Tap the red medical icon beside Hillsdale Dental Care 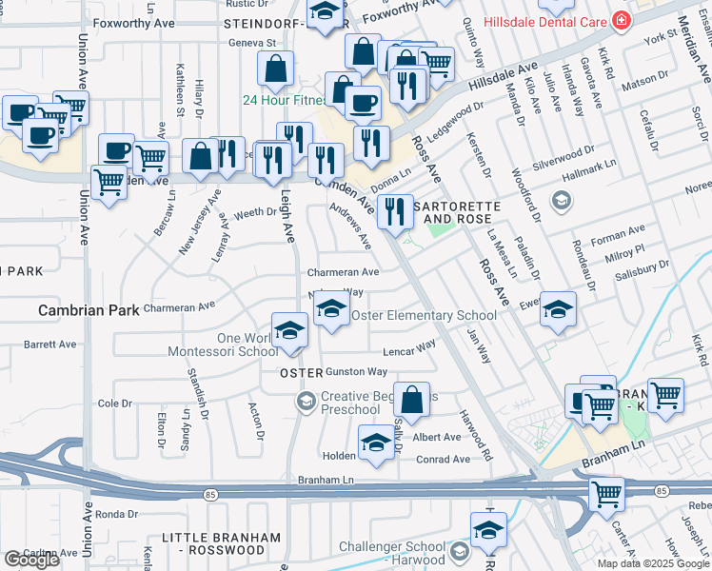pyautogui.click(x=621, y=20)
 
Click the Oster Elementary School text pyautogui.click(x=424, y=315)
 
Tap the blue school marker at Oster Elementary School pyautogui.click(x=331, y=310)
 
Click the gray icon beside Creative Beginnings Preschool pyautogui.click(x=306, y=402)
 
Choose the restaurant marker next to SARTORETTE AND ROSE pyautogui.click(x=395, y=210)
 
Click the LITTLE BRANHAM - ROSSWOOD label pyautogui.click(x=212, y=543)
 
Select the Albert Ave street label pyautogui.click(x=438, y=438)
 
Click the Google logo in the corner pyautogui.click(x=31, y=560)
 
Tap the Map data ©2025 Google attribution pyautogui.click(x=652, y=562)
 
